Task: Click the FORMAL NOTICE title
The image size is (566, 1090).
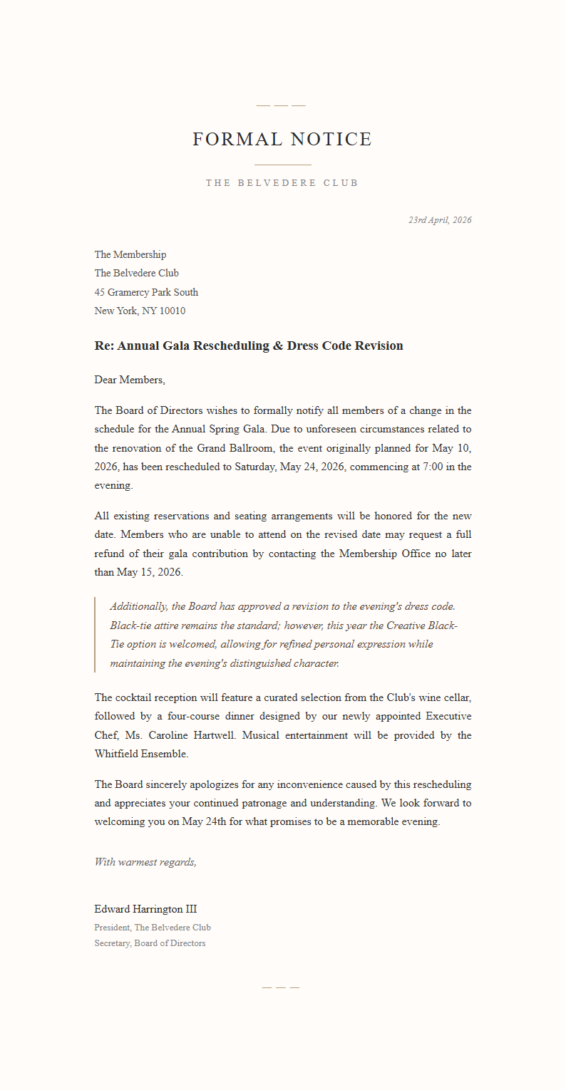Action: tap(282, 139)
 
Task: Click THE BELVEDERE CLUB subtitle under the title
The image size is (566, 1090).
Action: tap(282, 183)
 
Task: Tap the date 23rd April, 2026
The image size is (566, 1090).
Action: tap(440, 220)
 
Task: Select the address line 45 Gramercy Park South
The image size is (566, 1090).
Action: tap(146, 292)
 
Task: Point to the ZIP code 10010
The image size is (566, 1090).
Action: tap(173, 311)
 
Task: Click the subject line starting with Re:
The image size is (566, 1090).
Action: tap(249, 346)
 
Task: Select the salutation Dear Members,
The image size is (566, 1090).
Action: tap(130, 380)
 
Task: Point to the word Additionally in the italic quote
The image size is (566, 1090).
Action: tap(138, 606)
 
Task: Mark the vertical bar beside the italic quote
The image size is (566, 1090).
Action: tap(95, 635)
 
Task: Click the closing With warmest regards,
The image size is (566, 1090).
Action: tap(145, 862)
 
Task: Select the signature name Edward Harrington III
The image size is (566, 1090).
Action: tap(145, 909)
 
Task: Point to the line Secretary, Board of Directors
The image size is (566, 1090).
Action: tap(150, 943)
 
